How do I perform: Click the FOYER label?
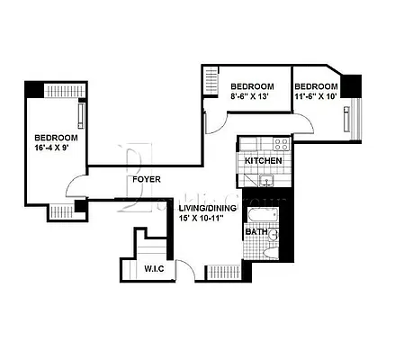tap(147, 179)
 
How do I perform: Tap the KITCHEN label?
tap(264, 161)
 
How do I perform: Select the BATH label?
tap(255, 232)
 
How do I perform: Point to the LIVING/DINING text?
tap(207, 208)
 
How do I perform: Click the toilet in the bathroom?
tap(271, 251)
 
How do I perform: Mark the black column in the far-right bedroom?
tap(354, 85)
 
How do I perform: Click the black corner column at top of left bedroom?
tap(33, 90)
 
